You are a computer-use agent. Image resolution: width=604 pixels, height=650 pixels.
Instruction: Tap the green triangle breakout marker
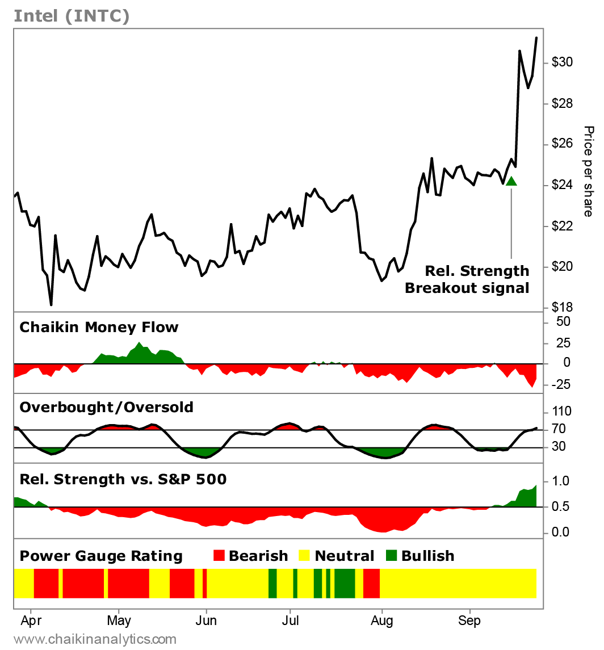click(x=511, y=181)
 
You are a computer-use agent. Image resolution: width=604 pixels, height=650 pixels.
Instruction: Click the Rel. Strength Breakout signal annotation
click(x=467, y=279)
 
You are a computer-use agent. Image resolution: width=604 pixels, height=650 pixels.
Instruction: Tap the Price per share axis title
click(x=588, y=171)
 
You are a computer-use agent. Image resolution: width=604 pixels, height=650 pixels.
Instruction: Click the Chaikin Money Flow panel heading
click(x=99, y=327)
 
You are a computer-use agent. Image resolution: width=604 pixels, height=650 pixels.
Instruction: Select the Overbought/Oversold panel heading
click(x=106, y=407)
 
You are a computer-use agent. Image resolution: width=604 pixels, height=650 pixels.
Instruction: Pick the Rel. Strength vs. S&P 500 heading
click(x=123, y=480)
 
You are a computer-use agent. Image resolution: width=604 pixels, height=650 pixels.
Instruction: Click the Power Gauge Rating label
click(x=101, y=556)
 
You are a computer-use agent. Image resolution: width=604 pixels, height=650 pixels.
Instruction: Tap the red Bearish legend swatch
click(x=220, y=556)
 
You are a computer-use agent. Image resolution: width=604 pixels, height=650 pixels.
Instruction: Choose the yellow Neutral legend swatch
click(x=305, y=556)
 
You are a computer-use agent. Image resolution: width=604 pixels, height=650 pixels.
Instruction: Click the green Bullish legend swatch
click(x=392, y=556)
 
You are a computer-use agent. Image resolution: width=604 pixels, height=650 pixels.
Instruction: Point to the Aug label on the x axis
click(x=382, y=620)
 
